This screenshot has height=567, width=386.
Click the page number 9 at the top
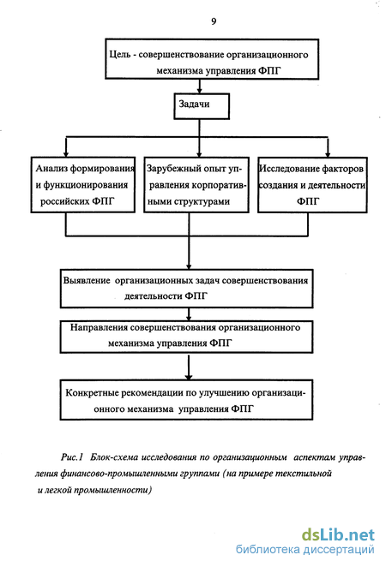214,21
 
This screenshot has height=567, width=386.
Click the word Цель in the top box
120,55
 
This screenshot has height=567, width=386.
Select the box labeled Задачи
202,106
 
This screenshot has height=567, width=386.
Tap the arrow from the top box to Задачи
199,87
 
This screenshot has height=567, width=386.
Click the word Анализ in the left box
51,168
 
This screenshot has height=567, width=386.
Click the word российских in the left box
63,201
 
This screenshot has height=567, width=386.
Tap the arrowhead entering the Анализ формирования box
66,153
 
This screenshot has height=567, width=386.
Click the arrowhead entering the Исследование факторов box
328,153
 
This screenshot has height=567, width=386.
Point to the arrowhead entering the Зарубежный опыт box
199,153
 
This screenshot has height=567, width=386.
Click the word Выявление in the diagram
87,281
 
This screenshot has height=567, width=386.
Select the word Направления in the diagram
99,328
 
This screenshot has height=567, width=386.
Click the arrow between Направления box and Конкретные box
189,367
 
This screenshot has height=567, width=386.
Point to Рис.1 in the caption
72,457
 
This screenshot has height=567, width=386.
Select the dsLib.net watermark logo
338,534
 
